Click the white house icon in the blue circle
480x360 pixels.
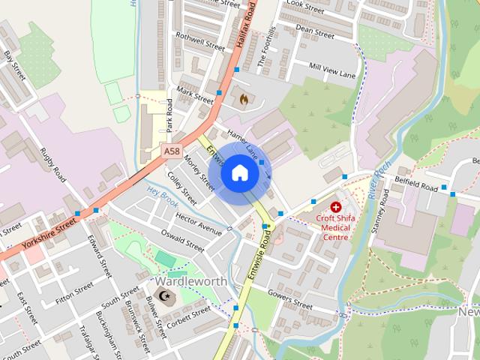click(239, 173)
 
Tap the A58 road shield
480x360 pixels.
click(172, 151)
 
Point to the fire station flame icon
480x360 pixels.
click(243, 97)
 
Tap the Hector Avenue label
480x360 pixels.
click(199, 223)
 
